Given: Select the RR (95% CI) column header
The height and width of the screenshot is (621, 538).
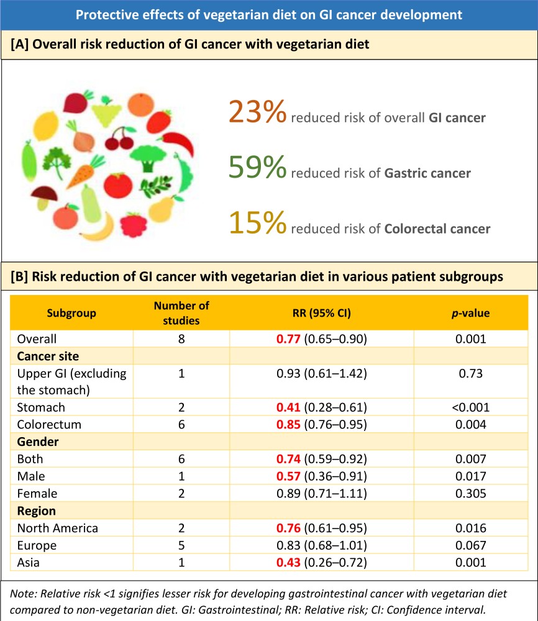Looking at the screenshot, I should click(x=321, y=313).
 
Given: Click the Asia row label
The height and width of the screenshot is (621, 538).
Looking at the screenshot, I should click(x=29, y=563).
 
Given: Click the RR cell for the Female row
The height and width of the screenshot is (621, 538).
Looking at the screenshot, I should click(x=321, y=494).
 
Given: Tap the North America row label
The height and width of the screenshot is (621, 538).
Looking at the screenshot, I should click(x=58, y=528).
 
